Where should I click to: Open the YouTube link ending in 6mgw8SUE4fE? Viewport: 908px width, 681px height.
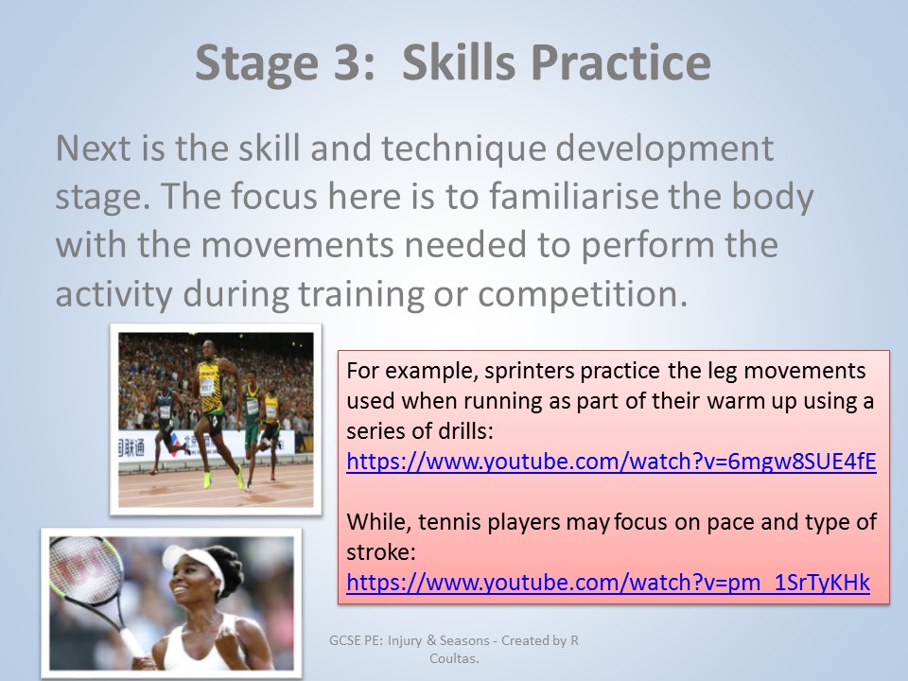click(611, 462)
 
